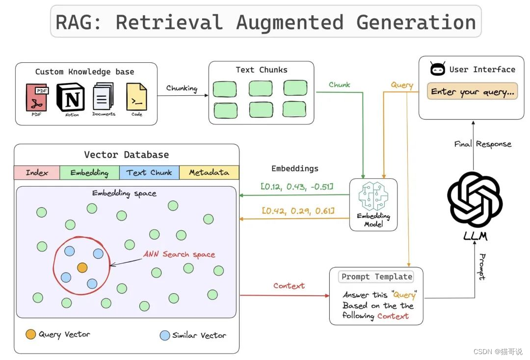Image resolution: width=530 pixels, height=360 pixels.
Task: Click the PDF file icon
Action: [36, 97]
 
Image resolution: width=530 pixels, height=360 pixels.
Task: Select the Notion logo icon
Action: [71, 97]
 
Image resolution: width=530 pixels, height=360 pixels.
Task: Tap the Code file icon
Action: [136, 96]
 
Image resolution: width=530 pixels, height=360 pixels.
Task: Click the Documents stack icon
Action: [103, 96]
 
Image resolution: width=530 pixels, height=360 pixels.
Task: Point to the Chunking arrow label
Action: [182, 88]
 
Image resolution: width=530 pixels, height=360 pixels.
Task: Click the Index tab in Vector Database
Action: [37, 172]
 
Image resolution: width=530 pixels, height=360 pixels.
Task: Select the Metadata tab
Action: [209, 172]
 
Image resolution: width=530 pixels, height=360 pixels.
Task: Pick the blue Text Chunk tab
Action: [149, 172]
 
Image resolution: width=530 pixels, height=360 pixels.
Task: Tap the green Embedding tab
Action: [89, 172]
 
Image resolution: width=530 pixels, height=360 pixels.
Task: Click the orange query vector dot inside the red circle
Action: [82, 268]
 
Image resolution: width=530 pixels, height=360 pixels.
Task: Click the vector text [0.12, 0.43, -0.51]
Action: [297, 187]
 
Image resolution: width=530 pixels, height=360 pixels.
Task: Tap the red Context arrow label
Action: [289, 286]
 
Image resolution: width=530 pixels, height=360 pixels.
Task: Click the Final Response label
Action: [482, 144]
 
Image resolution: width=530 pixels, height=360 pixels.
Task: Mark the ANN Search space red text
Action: [179, 254]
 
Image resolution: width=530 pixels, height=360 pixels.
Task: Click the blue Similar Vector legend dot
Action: [165, 335]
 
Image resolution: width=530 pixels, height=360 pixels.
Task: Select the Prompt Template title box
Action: [376, 277]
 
